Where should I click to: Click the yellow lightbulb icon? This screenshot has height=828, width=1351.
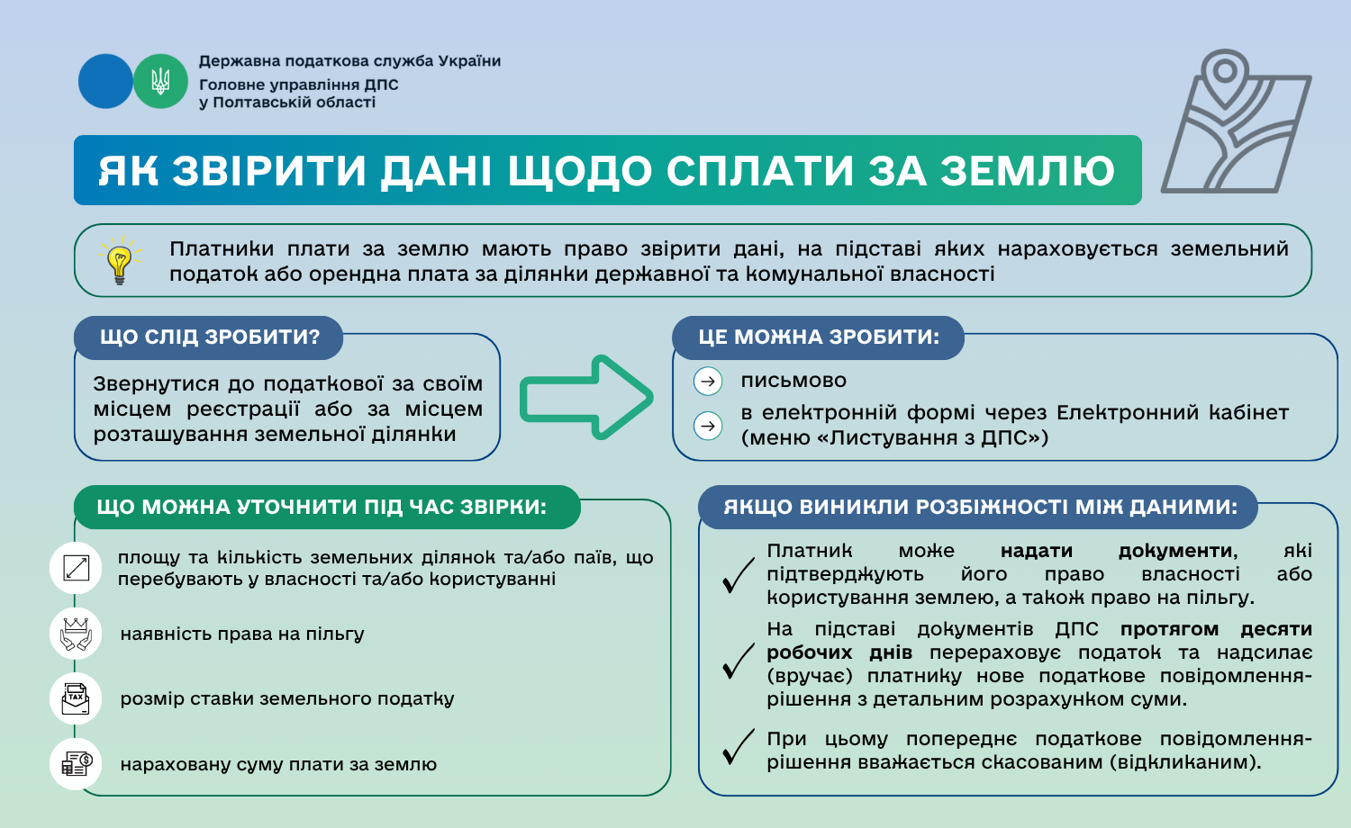pyautogui.click(x=119, y=261)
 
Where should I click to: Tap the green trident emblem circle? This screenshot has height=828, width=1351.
pyautogui.click(x=160, y=82)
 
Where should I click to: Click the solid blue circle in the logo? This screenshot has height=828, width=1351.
pyautogui.click(x=105, y=82)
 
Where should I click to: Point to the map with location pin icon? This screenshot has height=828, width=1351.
pyautogui.click(x=1236, y=121)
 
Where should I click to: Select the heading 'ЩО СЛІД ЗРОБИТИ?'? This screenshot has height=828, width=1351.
pyautogui.click(x=209, y=337)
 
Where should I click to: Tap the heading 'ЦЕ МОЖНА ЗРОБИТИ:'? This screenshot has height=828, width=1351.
pyautogui.click(x=818, y=337)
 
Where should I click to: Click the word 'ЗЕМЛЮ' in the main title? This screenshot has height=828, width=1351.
pyautogui.click(x=1027, y=171)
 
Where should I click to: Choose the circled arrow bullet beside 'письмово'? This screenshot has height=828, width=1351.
pyautogui.click(x=708, y=382)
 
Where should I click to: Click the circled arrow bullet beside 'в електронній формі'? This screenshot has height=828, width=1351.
pyautogui.click(x=708, y=426)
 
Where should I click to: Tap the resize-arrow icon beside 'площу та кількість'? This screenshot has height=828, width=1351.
pyautogui.click(x=77, y=568)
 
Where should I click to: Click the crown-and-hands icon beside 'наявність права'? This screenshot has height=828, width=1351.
pyautogui.click(x=77, y=634)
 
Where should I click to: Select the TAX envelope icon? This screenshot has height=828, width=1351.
pyautogui.click(x=77, y=698)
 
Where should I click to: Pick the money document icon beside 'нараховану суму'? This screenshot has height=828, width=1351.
pyautogui.click(x=77, y=764)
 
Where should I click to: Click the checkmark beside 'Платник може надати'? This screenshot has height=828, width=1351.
pyautogui.click(x=738, y=576)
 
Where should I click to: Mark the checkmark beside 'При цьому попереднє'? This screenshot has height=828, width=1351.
pyautogui.click(x=738, y=747)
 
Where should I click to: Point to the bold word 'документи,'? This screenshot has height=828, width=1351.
pyautogui.click(x=1177, y=551)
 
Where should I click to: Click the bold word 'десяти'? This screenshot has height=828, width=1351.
pyautogui.click(x=1275, y=629)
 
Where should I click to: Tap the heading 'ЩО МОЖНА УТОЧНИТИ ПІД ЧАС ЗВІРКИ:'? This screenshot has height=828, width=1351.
pyautogui.click(x=322, y=508)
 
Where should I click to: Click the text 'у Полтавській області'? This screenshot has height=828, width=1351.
pyautogui.click(x=287, y=103)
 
